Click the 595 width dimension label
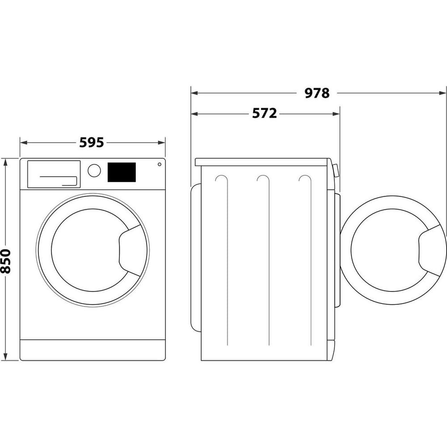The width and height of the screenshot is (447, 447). coord(92,143)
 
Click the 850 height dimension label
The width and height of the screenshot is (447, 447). coord(6,261)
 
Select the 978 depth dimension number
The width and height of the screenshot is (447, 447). coord(317,93)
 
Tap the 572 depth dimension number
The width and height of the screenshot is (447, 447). coord(265,114)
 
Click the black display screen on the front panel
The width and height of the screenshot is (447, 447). coord(122,172)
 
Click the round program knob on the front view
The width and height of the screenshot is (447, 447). coord(94,170)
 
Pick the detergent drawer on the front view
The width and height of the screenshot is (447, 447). coord(54,174)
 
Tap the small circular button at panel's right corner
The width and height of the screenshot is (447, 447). coord(159,164)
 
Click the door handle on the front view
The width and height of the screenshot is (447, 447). coord(131,251)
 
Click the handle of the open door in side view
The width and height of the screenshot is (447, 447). coord(431,251)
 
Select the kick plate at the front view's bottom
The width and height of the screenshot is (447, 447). coord(93,350)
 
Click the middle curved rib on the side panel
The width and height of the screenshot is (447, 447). coord(265,179)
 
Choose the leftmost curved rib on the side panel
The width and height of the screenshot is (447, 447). coord(222,179)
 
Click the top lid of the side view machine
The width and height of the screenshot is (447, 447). coord(263,162)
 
